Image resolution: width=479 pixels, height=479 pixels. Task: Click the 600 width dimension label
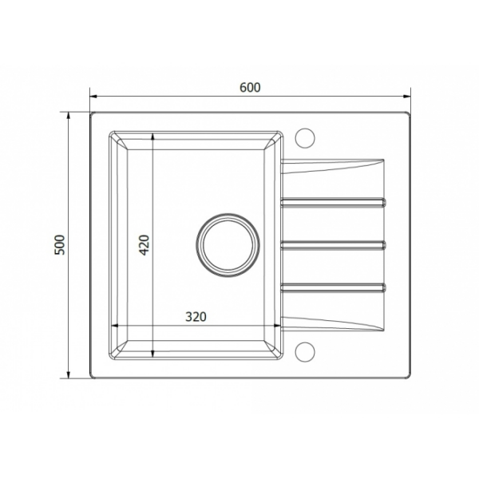[250, 88]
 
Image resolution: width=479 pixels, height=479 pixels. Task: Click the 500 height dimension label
[60, 245]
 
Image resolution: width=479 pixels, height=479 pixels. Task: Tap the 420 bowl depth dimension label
[144, 245]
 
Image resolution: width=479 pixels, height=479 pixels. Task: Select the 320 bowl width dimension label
[196, 317]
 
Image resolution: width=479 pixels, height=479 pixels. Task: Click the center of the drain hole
[228, 245]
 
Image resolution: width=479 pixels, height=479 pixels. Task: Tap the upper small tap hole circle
[305, 138]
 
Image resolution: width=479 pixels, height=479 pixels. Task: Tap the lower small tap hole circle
[305, 352]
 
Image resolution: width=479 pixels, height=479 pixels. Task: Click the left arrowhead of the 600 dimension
[93, 97]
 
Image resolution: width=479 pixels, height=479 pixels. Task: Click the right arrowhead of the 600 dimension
[406, 97]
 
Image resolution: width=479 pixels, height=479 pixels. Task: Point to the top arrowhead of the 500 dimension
[69, 116]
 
